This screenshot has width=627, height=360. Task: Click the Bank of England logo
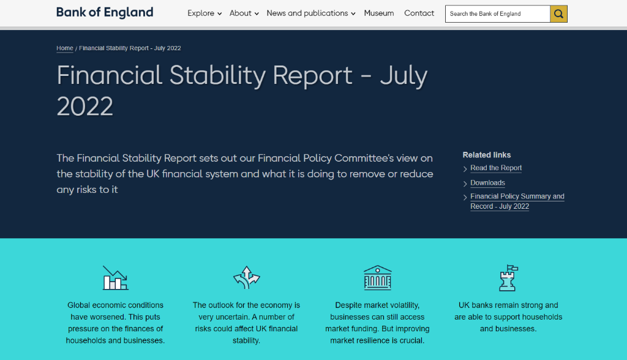[x=105, y=12]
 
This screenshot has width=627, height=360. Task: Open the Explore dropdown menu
[x=205, y=13]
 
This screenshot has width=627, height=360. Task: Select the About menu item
[x=244, y=13]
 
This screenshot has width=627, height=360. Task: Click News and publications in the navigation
[x=310, y=13]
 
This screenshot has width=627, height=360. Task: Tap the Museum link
[x=378, y=13]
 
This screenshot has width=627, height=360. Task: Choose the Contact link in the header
[x=419, y=13]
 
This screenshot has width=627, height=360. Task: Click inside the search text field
[x=497, y=14]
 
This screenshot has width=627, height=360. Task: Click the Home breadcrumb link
[x=65, y=48]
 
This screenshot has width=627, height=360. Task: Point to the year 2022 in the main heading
[x=84, y=107]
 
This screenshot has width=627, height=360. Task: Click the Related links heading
[x=487, y=155]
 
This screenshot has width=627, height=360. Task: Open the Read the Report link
[x=496, y=168]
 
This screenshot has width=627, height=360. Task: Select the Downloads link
[x=487, y=183]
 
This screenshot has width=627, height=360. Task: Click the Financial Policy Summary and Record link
[x=517, y=201]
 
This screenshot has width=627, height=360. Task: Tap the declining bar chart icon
[x=116, y=277]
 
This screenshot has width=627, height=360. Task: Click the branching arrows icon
[x=246, y=277]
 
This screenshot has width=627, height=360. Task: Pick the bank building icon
[x=377, y=277]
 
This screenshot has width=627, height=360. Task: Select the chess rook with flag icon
[x=508, y=277]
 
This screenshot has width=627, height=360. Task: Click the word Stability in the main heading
[x=217, y=75]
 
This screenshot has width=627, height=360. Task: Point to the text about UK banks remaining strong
[x=508, y=317]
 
